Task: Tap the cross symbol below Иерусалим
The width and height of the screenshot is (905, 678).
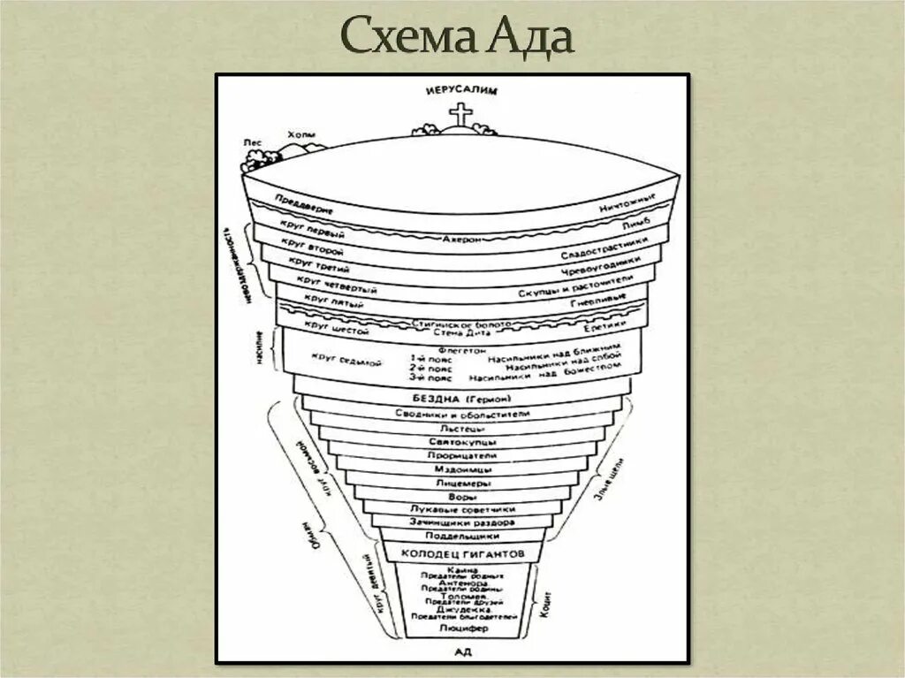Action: pyautogui.click(x=460, y=116)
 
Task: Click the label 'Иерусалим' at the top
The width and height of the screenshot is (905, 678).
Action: pyautogui.click(x=462, y=90)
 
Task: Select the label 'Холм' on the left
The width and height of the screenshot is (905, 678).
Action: pyautogui.click(x=298, y=134)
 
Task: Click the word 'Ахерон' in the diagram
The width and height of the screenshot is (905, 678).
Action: pyautogui.click(x=462, y=239)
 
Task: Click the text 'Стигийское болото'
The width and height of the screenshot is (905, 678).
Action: pyautogui.click(x=462, y=324)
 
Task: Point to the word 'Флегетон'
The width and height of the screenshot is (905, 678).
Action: pyautogui.click(x=461, y=350)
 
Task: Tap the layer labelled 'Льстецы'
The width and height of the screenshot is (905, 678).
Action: pyautogui.click(x=462, y=429)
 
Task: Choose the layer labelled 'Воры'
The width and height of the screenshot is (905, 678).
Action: pyautogui.click(x=462, y=497)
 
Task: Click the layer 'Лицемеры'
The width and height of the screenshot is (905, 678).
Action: pyautogui.click(x=462, y=484)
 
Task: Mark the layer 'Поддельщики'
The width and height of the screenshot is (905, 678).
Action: pyautogui.click(x=462, y=536)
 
